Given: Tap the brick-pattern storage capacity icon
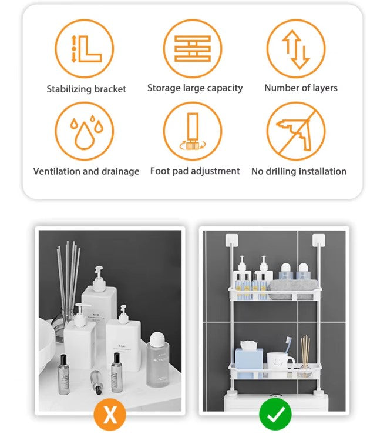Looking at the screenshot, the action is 193,48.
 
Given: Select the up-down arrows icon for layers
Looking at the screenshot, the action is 296,48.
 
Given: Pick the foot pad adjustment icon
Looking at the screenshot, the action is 193,131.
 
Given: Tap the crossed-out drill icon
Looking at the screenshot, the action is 296,131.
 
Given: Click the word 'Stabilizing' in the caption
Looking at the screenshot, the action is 69,89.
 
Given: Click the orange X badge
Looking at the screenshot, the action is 110,415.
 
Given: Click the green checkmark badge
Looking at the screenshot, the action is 275,415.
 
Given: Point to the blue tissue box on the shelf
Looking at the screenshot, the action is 249,359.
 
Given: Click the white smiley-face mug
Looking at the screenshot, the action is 280,362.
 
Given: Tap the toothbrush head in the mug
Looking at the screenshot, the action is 288,342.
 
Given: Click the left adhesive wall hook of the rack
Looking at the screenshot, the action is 232,240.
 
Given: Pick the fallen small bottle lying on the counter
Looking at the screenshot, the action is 96,382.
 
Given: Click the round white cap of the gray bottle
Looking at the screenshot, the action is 157,339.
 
